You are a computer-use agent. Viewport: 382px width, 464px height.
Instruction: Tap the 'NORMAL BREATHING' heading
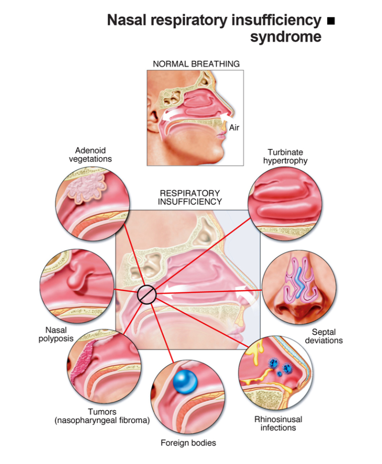click(x=196, y=64)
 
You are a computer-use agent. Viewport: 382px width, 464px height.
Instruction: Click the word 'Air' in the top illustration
click(x=234, y=128)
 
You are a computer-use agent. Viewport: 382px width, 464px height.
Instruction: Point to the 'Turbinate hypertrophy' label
click(x=285, y=156)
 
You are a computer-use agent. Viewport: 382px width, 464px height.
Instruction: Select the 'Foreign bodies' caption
click(x=188, y=443)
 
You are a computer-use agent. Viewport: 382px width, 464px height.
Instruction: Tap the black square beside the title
click(x=330, y=21)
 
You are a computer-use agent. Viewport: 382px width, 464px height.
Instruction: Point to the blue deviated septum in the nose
click(x=298, y=282)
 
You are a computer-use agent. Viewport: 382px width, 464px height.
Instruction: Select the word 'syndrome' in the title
click(x=286, y=37)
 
